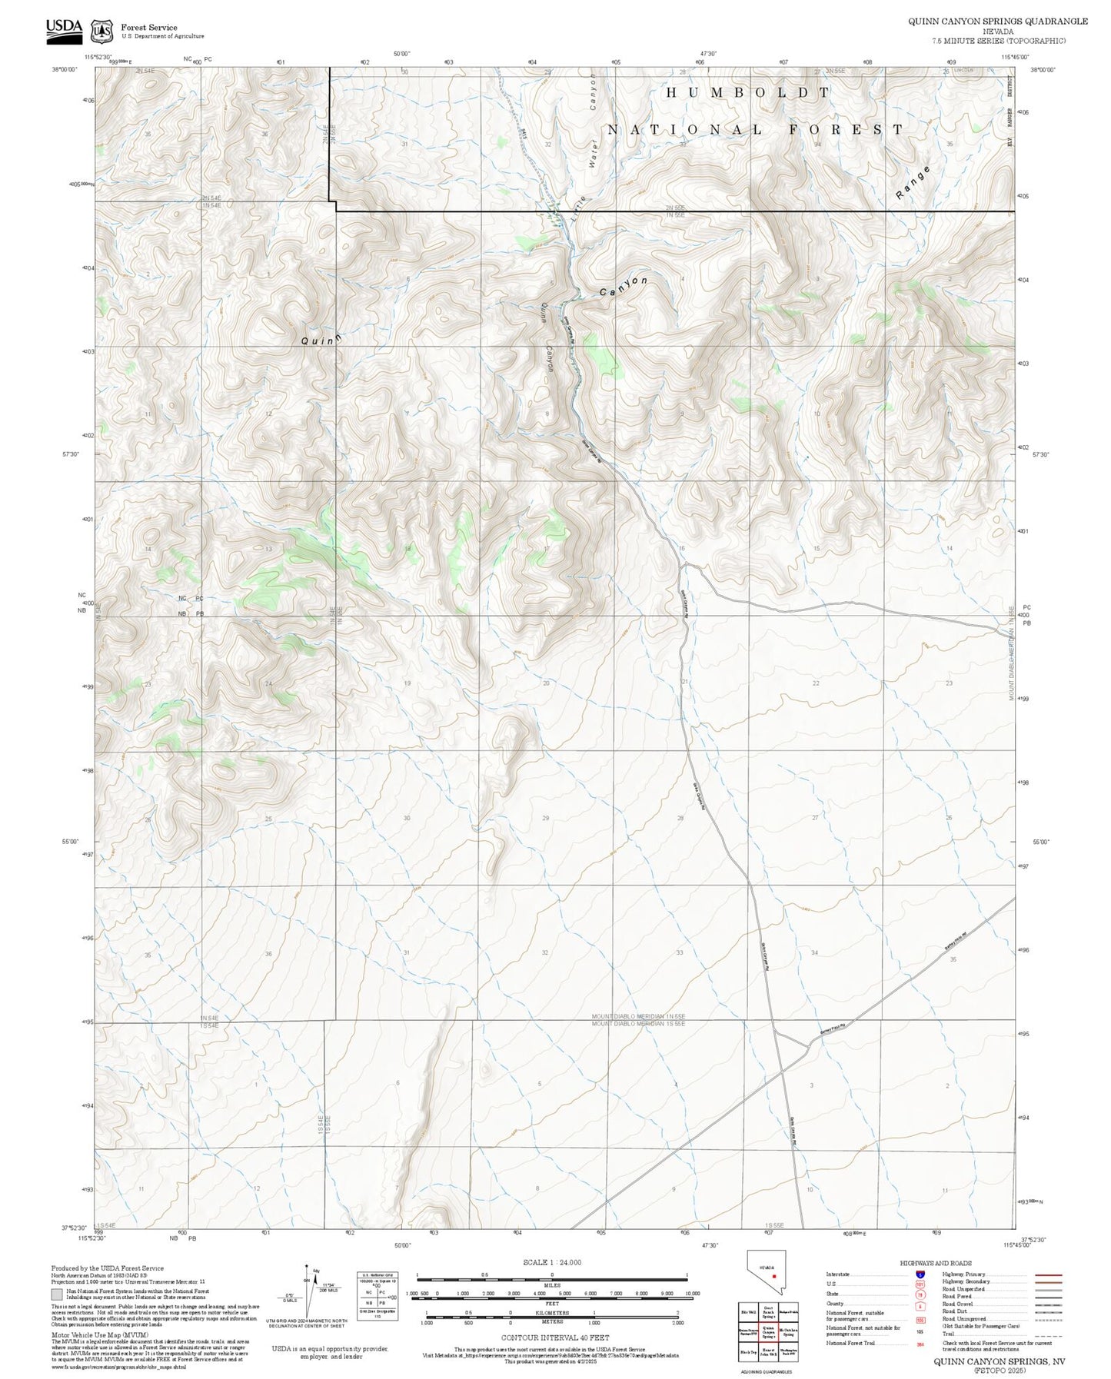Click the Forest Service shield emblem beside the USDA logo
(x=101, y=32)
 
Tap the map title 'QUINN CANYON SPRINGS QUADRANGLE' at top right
(x=997, y=22)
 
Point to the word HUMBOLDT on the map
(x=747, y=93)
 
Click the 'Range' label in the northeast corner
(x=913, y=183)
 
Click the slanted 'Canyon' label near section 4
(x=624, y=287)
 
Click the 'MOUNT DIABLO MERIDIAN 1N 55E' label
(x=638, y=1016)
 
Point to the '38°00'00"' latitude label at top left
(x=67, y=69)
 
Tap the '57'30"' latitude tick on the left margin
(x=70, y=454)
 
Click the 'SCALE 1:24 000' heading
(x=551, y=1262)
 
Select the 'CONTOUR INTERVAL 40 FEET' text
(x=554, y=1338)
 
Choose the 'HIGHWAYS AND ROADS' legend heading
(x=935, y=1263)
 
